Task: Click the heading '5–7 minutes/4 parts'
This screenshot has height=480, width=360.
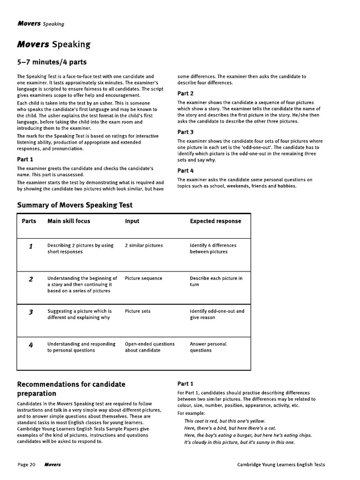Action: (52, 62)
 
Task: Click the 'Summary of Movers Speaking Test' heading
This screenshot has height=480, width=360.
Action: (75, 205)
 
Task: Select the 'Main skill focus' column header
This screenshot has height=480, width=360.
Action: (69, 221)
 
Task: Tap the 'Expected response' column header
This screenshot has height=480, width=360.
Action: (216, 221)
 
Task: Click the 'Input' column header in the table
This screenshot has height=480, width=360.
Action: (132, 221)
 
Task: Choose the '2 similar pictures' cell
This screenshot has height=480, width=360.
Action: (144, 245)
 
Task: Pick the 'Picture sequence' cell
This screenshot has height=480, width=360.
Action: (143, 278)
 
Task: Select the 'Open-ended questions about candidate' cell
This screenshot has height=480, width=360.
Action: (150, 347)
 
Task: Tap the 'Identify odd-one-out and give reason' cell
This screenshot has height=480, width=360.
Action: (217, 314)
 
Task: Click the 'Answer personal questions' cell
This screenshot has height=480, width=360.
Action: (208, 347)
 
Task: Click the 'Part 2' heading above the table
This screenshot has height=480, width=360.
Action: (186, 93)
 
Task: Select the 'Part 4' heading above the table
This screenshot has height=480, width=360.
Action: (186, 171)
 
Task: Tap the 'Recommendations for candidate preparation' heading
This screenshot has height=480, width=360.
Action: (71, 389)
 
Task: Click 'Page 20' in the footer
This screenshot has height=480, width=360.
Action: (26, 465)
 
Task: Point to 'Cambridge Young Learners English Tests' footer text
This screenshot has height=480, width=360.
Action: (281, 465)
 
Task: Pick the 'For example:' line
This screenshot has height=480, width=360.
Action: (191, 413)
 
